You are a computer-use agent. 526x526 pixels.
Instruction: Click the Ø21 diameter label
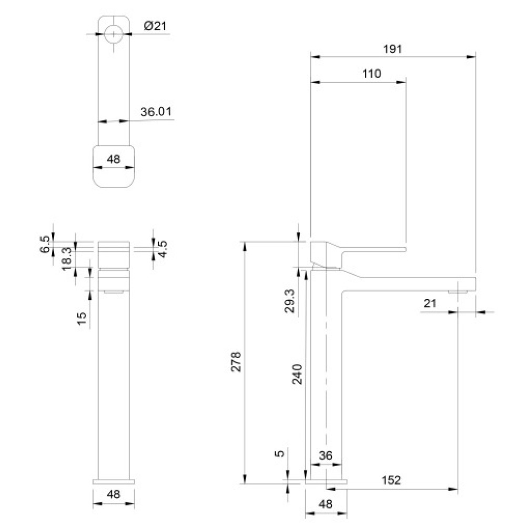tap(155, 26)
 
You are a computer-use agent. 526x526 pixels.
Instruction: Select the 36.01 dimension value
tap(156, 112)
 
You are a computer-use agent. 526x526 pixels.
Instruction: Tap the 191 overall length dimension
tap(392, 49)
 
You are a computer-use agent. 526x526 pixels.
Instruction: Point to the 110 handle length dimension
tap(372, 74)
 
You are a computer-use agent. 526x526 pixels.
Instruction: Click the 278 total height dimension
tap(236, 361)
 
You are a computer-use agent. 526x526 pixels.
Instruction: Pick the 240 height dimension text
tap(297, 374)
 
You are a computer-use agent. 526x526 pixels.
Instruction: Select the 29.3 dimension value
tap(289, 301)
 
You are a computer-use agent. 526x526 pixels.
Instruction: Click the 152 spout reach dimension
tap(391, 480)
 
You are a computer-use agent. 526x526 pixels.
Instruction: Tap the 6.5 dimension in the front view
tap(45, 244)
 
